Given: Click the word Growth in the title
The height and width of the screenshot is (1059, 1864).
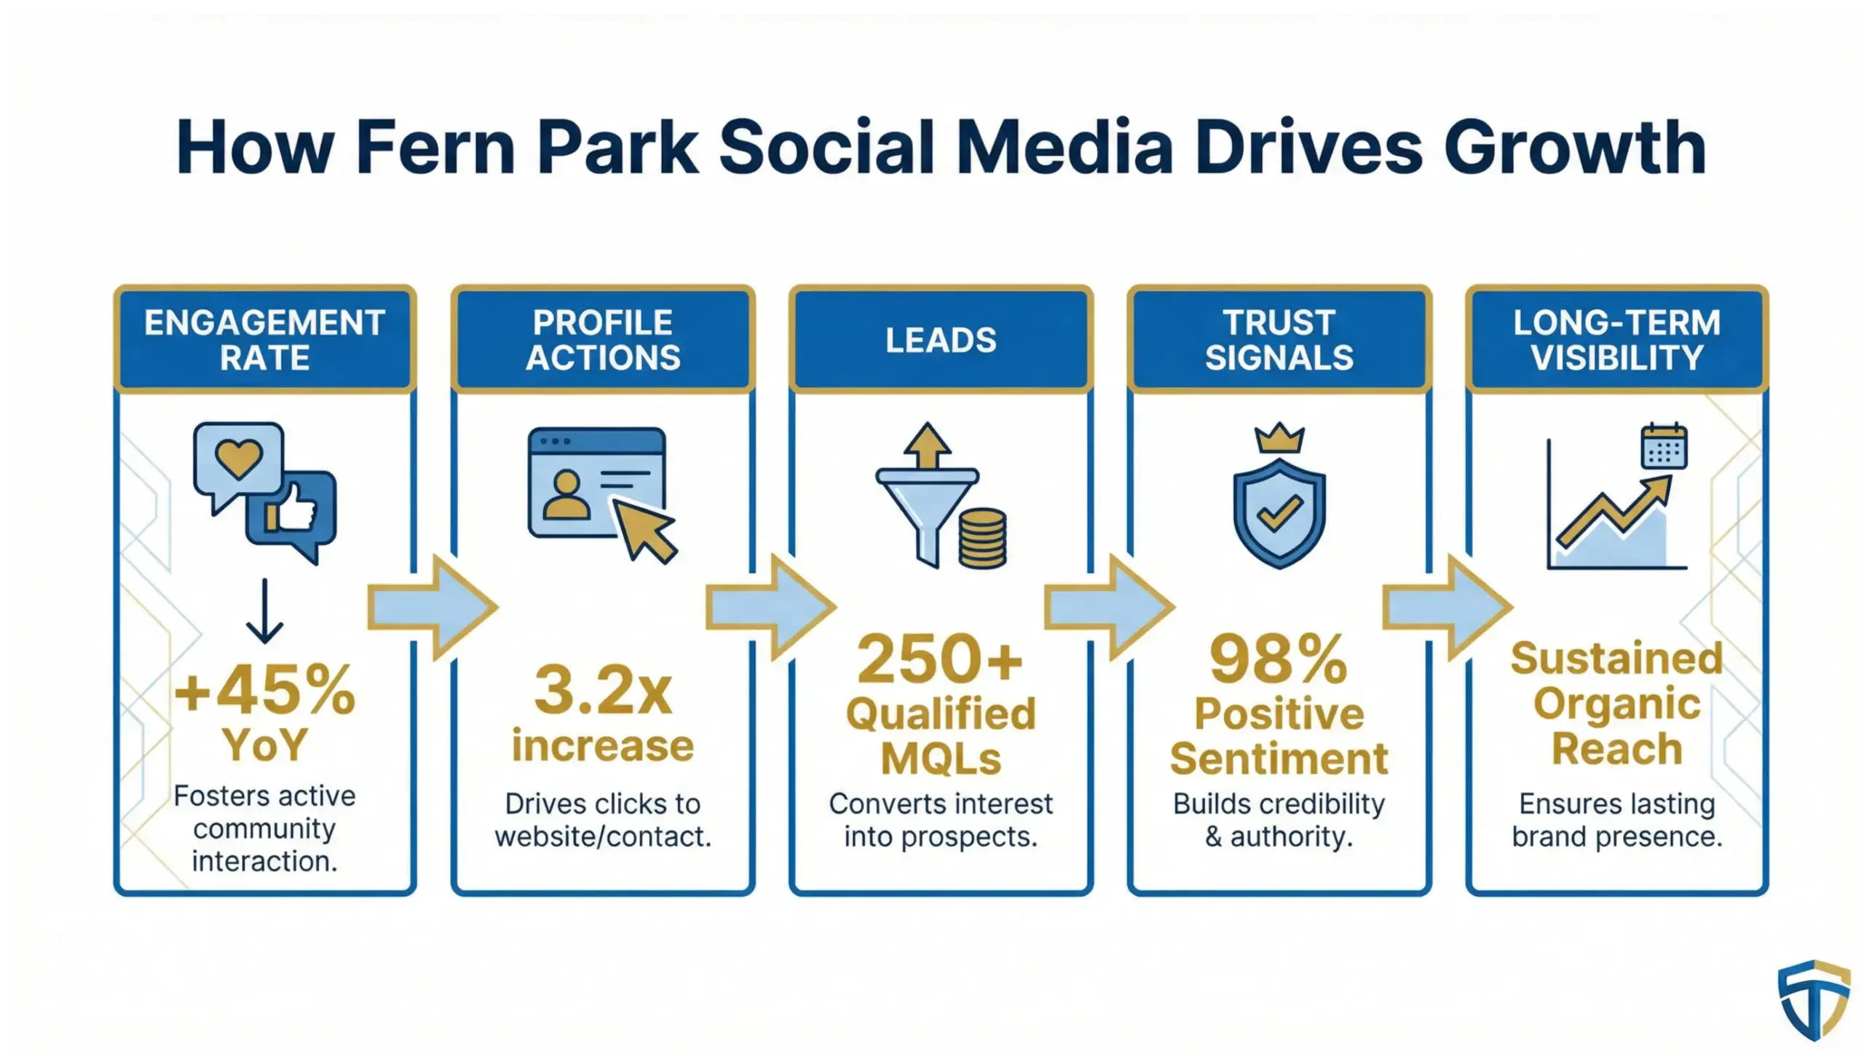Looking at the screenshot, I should pos(1575,148).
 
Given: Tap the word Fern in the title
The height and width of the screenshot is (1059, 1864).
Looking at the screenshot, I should pos(435,148).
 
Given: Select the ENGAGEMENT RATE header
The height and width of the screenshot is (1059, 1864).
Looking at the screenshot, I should pos(264,340).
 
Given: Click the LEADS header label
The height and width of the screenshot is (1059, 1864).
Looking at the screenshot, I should pos(941,340).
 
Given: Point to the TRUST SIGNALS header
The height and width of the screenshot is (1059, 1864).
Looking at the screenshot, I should pos(1279,340).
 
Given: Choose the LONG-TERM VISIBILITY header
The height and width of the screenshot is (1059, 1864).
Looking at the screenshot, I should pos(1616,340).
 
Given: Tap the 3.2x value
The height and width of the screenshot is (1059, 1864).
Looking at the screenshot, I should pos(603,690).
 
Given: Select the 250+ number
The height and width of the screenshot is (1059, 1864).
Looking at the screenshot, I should pos(941,659).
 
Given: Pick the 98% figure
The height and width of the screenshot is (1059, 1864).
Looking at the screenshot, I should pos(1279,659).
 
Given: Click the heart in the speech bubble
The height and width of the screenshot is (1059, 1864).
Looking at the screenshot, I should pos(239,459).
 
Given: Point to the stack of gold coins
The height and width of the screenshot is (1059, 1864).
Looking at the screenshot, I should pos(982,539).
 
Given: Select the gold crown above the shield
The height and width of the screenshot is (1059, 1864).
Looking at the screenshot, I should pos(1279,438).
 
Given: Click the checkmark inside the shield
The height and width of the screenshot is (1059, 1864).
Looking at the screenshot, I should pos(1279,513).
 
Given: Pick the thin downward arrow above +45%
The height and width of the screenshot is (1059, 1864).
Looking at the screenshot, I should pos(264,611).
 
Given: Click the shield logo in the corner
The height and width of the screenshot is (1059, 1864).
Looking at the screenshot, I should pos(1813,999).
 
